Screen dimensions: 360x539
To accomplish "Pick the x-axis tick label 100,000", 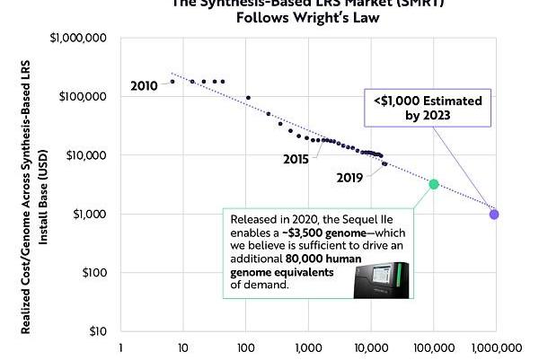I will pos(434,347).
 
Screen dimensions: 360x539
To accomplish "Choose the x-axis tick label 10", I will pos(182,347).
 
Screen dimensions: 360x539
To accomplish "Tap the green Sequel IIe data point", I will pos(434,184).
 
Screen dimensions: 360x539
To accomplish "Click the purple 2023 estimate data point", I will pos(494,214).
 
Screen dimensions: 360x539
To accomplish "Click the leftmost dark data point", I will pos(172,82).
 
